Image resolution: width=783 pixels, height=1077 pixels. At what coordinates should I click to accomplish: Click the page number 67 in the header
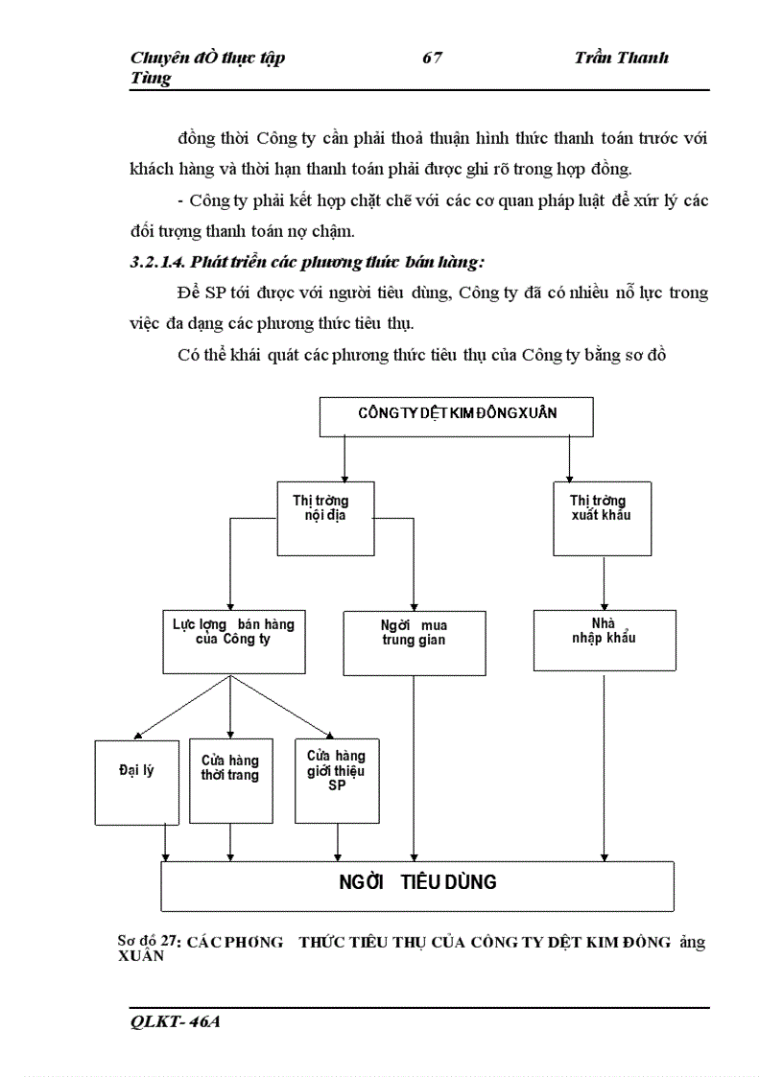tap(432, 59)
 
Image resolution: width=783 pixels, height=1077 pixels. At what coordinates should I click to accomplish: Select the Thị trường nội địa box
tap(325, 518)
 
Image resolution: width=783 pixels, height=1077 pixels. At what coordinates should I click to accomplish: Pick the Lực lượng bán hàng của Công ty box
tap(231, 641)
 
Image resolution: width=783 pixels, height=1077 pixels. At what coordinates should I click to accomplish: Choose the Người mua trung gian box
tap(414, 643)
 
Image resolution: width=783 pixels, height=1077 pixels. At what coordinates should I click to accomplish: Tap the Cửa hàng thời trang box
tap(230, 781)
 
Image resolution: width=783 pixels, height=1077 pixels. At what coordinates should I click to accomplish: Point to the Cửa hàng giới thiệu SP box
tap(336, 781)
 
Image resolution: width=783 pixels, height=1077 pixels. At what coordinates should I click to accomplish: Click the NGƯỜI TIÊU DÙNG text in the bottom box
tap(417, 882)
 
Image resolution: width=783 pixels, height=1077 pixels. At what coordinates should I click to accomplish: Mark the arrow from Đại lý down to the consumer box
tap(167, 842)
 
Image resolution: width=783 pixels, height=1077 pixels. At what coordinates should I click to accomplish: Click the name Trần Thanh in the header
tap(621, 59)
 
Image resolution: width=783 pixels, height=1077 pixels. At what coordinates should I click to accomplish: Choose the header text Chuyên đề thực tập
tap(207, 59)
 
